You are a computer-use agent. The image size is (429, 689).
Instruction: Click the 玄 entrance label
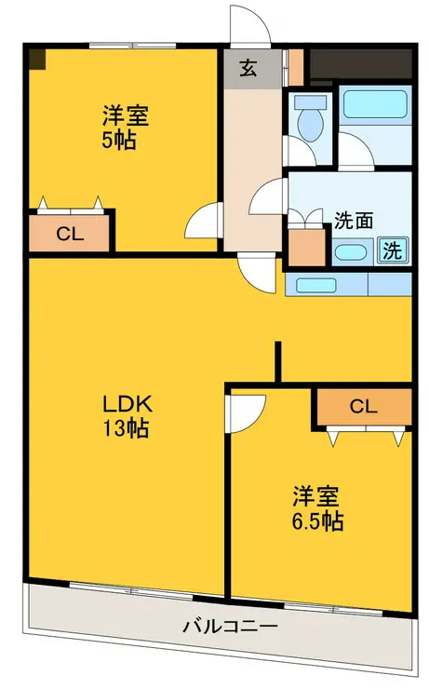(x=248, y=68)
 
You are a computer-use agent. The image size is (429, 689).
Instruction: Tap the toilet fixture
(x=310, y=117)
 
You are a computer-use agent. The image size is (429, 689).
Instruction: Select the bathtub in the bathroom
(x=375, y=104)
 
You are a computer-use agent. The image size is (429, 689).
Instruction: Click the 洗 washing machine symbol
(x=392, y=250)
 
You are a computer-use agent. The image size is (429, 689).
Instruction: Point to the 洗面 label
(x=354, y=220)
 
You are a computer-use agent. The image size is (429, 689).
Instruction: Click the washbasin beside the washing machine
(x=351, y=252)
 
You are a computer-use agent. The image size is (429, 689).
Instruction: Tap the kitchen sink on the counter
(x=316, y=286)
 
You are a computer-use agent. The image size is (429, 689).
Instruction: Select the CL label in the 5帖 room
(x=70, y=234)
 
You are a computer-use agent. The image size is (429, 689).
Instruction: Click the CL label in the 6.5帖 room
(x=363, y=407)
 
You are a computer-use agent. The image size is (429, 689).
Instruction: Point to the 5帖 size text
(x=118, y=141)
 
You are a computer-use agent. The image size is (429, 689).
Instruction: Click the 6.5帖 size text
(x=317, y=521)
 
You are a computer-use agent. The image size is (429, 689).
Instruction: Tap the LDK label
(x=127, y=404)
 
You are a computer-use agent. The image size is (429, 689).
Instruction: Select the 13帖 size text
(x=126, y=428)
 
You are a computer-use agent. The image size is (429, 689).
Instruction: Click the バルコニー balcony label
(x=230, y=626)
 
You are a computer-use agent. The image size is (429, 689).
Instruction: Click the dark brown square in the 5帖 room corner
(x=37, y=59)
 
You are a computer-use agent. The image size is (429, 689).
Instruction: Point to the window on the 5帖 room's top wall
(x=132, y=46)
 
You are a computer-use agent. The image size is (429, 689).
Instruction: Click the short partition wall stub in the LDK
(x=278, y=361)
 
